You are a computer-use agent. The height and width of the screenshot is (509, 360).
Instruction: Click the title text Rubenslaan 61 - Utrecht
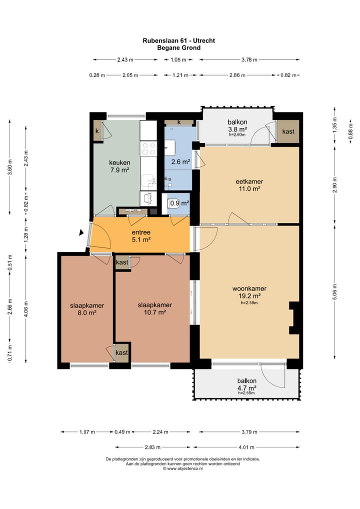179,40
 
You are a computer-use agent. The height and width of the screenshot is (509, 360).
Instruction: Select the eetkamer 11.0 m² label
249,185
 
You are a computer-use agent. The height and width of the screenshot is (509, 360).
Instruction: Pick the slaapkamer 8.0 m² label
87,309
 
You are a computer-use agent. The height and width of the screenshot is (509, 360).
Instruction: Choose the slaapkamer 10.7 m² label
155,308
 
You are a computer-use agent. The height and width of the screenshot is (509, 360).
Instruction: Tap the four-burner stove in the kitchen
148,148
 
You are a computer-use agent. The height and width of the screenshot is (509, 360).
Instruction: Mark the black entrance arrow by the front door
81,232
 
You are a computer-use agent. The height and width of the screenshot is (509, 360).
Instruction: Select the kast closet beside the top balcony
288,131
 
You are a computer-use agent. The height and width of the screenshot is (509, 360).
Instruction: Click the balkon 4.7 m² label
246,384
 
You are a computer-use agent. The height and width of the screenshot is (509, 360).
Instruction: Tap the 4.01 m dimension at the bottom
246,447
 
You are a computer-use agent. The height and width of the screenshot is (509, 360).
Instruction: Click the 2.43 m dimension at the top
125,59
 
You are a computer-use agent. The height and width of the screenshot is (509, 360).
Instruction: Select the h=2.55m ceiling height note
249,303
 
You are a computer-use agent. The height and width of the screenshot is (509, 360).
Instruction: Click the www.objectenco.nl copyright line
183,468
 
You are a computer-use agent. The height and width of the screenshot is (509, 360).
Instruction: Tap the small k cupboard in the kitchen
97,131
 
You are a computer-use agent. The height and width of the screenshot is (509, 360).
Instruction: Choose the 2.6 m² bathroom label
180,161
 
